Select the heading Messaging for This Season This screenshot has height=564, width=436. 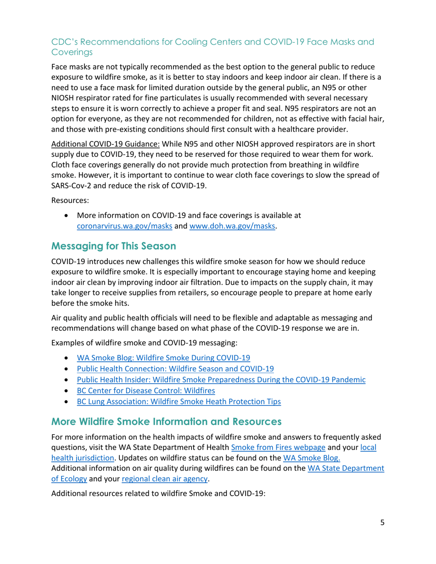pos(113,246)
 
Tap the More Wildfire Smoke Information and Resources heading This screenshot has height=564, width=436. pos(166,421)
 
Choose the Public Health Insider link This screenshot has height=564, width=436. pos(221,380)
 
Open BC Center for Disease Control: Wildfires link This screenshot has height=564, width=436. pos(145,391)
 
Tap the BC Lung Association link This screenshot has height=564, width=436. pos(179,402)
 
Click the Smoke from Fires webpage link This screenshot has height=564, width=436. pos(278,447)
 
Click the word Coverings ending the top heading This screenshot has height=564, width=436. pos(72,52)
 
